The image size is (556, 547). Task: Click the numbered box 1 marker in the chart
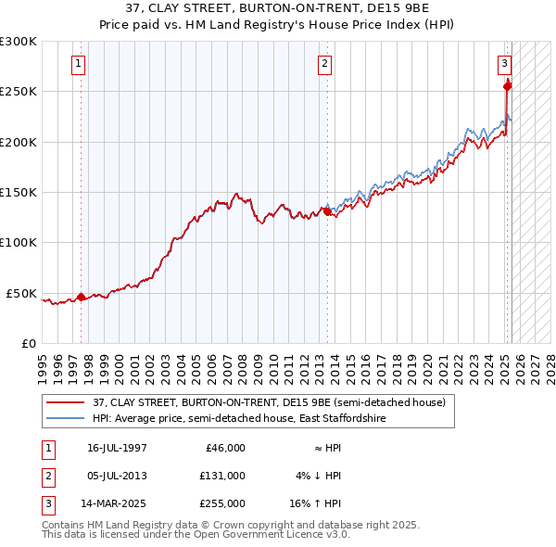point(78,64)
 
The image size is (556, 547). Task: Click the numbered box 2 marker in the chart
point(324,64)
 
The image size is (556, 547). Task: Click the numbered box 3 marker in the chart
point(504,64)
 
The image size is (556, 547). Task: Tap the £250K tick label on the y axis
point(19,92)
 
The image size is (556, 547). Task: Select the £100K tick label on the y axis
point(19,242)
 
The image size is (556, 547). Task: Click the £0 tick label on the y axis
point(28,343)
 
